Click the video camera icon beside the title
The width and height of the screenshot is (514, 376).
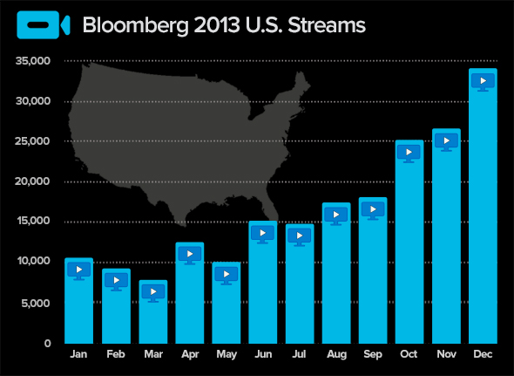[x=44, y=25]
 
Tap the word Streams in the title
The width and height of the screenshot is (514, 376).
[x=327, y=25]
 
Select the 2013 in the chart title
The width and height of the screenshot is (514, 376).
[x=217, y=25]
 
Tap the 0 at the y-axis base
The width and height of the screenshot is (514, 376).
[x=48, y=344]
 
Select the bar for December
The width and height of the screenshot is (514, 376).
[x=483, y=206]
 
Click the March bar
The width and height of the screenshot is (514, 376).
[x=153, y=311]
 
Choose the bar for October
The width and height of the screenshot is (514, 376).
[x=409, y=242]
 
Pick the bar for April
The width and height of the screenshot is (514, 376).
[x=190, y=293]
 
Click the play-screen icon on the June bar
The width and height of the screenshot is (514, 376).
[x=262, y=235]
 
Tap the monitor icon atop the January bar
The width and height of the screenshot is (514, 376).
[x=79, y=271]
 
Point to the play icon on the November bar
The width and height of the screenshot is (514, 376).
[x=446, y=142]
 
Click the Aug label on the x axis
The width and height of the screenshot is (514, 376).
[x=336, y=354]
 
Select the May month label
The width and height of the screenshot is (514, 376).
[x=227, y=355]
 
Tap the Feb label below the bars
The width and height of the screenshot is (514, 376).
[x=116, y=354]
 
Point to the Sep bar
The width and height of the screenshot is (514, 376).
[x=373, y=270]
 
